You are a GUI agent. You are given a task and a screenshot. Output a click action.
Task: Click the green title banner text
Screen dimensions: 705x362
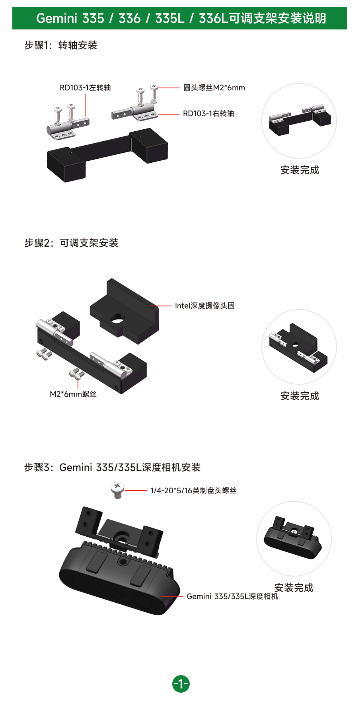(x=181, y=18)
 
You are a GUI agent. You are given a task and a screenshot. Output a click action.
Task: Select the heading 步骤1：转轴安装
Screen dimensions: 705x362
(x=61, y=45)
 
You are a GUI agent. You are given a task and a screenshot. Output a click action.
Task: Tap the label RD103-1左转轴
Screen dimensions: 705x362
(x=85, y=88)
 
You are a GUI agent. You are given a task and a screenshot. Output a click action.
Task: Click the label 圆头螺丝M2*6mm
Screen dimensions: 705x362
(x=214, y=88)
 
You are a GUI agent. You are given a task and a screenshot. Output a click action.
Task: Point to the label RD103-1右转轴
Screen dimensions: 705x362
(x=208, y=114)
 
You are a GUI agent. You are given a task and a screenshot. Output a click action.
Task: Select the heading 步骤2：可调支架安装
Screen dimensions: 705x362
(x=71, y=243)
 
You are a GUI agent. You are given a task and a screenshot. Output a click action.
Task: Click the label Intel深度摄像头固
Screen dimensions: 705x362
(x=204, y=306)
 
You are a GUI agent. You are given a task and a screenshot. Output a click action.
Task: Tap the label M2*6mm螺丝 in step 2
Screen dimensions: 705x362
(x=73, y=394)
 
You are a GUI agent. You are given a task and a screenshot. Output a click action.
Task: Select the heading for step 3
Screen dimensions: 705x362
(x=112, y=467)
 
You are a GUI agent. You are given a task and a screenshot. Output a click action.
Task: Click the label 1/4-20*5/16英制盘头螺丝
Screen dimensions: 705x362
(x=193, y=491)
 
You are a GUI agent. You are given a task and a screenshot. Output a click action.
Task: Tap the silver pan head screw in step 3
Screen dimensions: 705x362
(x=117, y=490)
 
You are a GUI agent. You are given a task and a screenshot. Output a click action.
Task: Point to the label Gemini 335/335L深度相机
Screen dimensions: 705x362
(x=232, y=596)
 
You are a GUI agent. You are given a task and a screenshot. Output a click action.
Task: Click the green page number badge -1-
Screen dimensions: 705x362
(x=181, y=684)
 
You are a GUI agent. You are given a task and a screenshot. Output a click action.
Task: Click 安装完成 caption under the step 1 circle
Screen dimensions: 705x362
(x=300, y=170)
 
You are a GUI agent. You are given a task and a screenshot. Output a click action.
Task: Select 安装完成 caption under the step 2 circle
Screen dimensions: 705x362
(x=300, y=396)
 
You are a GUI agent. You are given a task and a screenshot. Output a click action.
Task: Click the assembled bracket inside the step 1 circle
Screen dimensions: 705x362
(x=300, y=120)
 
